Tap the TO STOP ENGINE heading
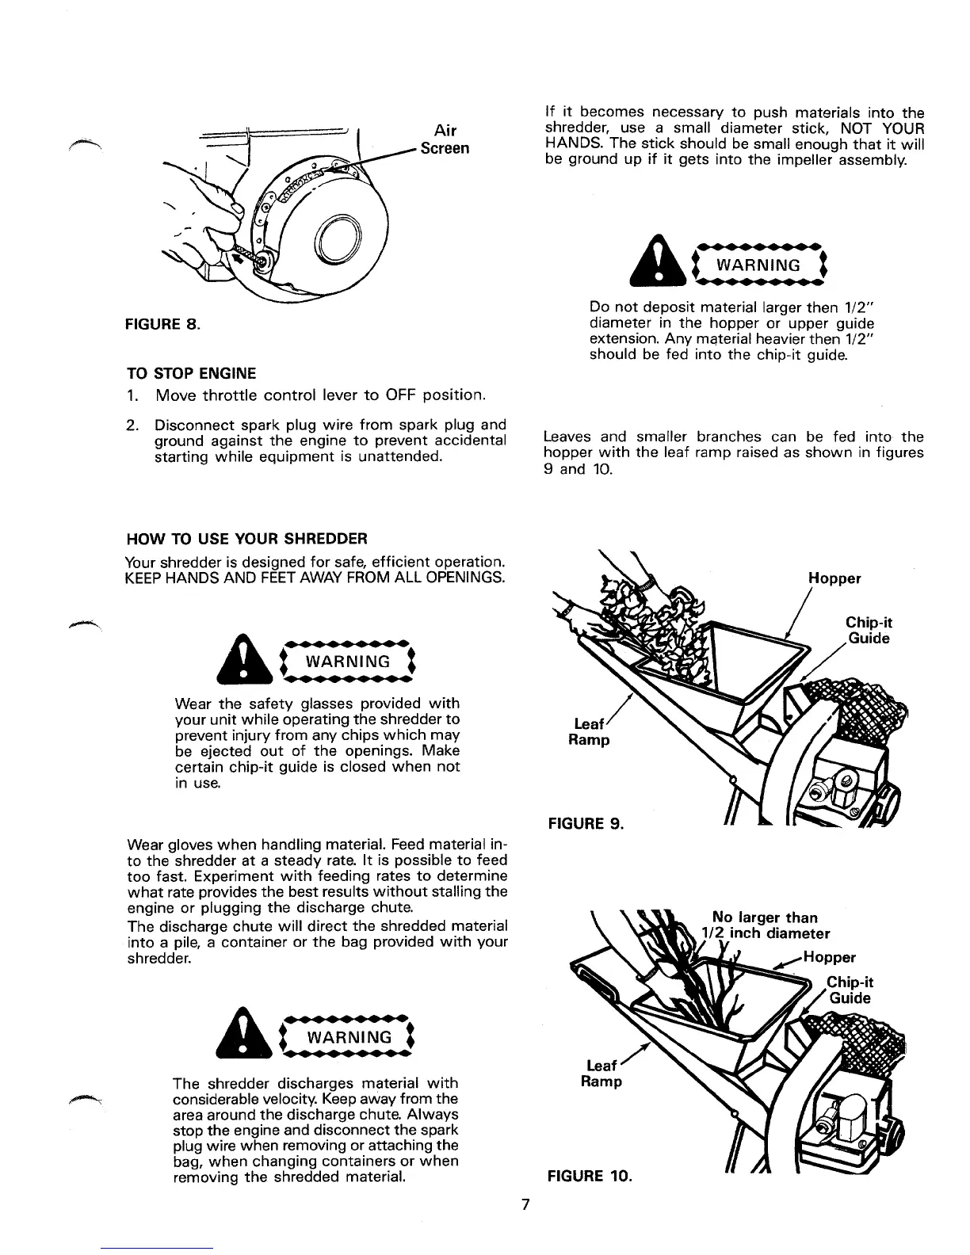point(191,373)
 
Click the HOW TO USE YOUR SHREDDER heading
point(246,540)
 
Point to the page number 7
point(525,1205)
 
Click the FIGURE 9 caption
point(586,824)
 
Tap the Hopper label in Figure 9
point(834,578)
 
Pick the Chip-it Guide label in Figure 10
point(850,990)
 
